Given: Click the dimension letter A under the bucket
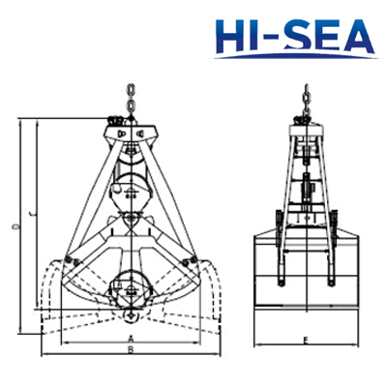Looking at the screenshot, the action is pos(131,339).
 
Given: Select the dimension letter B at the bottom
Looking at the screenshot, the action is pos(131,349).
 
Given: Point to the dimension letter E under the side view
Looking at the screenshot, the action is pos(306,341).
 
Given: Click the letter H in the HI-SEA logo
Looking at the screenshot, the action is pos(230,36).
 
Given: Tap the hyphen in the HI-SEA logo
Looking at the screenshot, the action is pos(268,38).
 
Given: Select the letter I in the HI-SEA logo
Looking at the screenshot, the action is pos(253,36).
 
